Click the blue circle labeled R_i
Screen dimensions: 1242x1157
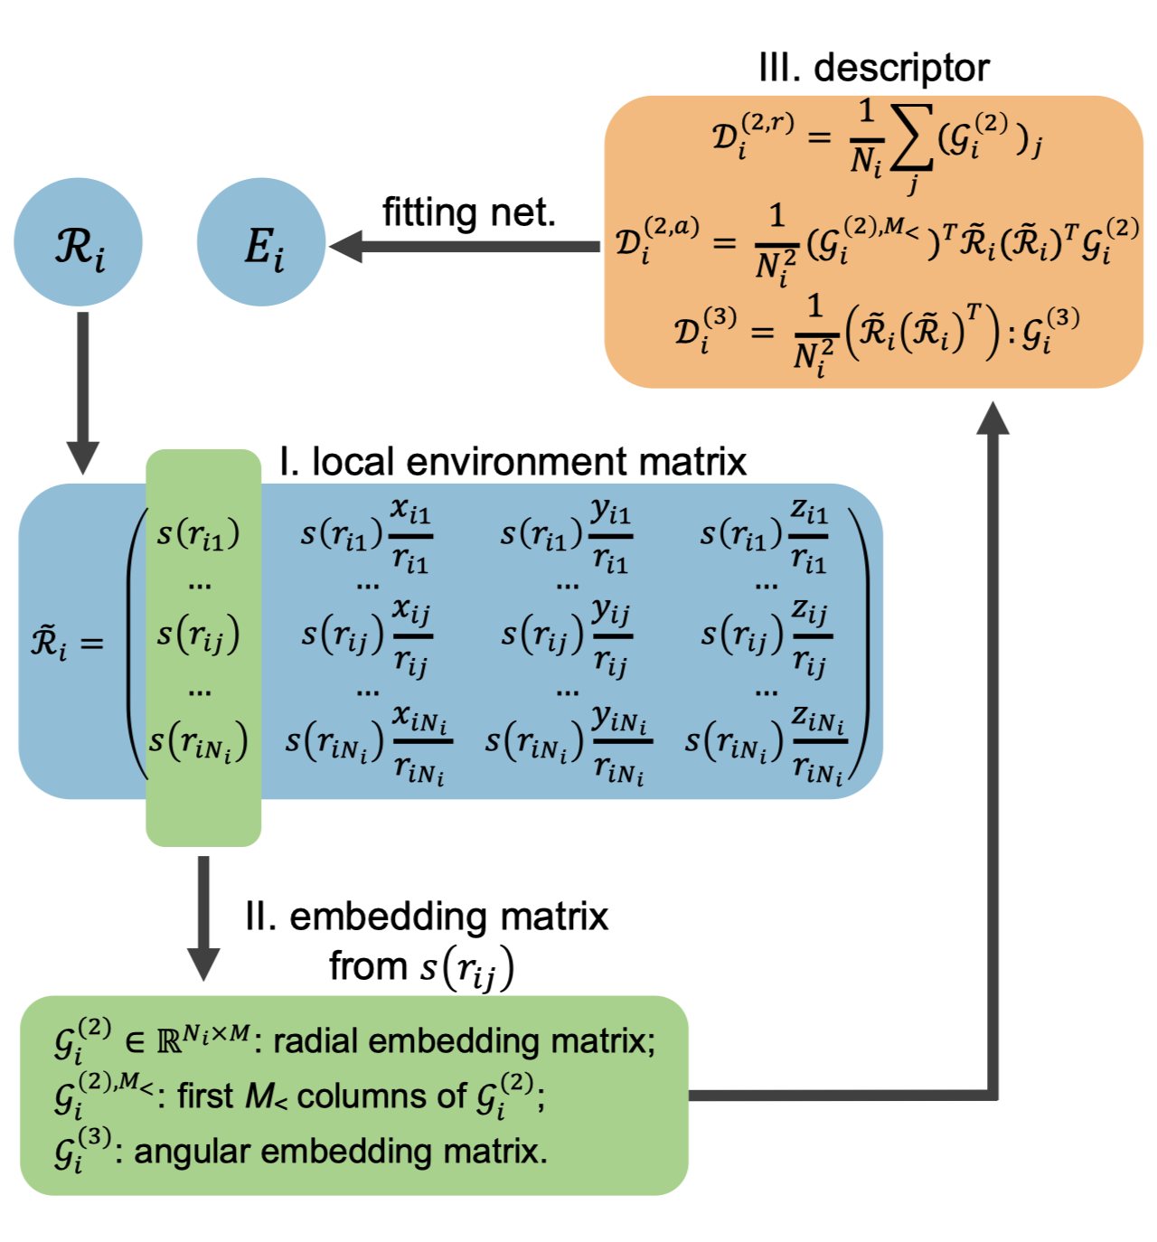pyautogui.click(x=79, y=242)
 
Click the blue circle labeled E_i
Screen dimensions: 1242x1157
pyautogui.click(x=261, y=242)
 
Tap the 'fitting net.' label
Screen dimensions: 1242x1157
pyautogui.click(x=468, y=212)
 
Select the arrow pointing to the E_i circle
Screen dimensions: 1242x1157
pyautogui.click(x=461, y=246)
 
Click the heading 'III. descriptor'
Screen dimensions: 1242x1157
pyautogui.click(x=873, y=68)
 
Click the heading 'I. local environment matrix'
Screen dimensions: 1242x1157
pyautogui.click(x=513, y=461)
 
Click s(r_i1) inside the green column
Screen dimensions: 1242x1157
pyautogui.click(x=199, y=533)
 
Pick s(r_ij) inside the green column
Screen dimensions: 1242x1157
pyautogui.click(x=199, y=635)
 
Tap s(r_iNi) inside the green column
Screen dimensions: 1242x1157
pyautogui.click(x=199, y=742)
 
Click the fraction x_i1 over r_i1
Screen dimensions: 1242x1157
pyautogui.click(x=410, y=535)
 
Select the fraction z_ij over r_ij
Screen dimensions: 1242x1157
pyautogui.click(x=811, y=637)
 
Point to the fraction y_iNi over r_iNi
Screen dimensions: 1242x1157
pyautogui.click(x=620, y=744)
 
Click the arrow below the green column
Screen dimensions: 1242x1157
pyautogui.click(x=203, y=917)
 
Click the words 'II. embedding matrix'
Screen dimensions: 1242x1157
pyautogui.click(x=427, y=917)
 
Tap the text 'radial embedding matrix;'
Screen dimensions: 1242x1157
pyautogui.click(x=464, y=1041)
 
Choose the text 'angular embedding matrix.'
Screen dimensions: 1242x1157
pyautogui.click(x=341, y=1152)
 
